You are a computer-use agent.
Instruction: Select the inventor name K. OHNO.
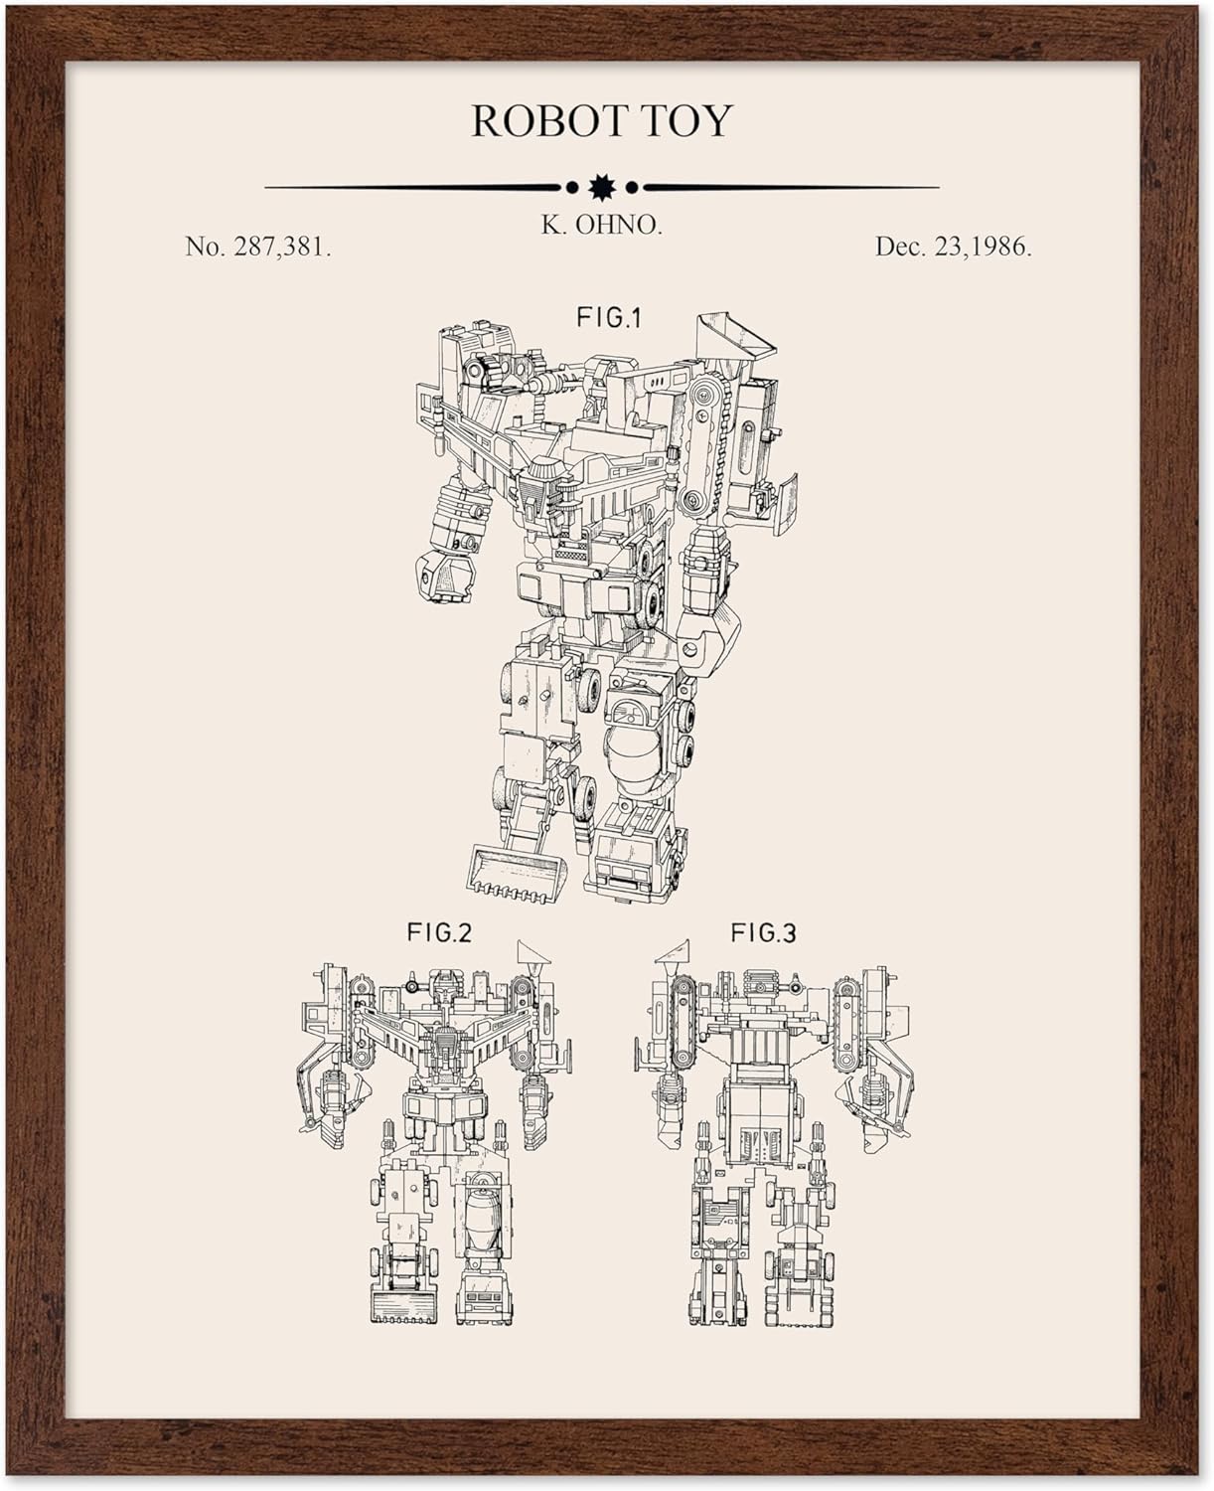click(x=601, y=226)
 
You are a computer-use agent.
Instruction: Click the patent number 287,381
click(x=281, y=247)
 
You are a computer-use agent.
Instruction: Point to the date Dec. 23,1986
click(x=953, y=247)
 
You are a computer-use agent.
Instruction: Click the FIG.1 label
click(x=610, y=317)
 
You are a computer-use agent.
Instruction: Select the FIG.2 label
click(x=438, y=932)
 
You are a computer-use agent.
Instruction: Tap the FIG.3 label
click(x=763, y=932)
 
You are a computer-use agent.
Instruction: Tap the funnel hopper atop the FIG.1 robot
click(x=736, y=343)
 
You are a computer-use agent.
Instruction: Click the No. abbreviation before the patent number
click(x=205, y=247)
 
